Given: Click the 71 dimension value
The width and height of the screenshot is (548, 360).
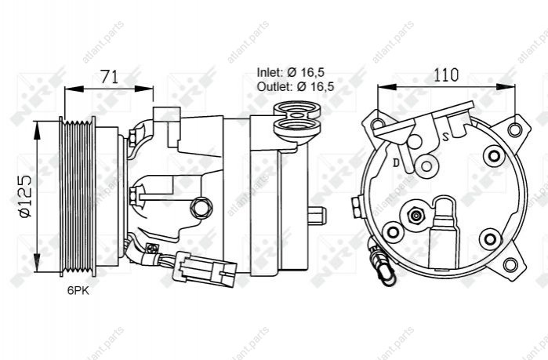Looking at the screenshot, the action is click(110, 77).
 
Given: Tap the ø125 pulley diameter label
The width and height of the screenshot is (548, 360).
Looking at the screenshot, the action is click(26, 196).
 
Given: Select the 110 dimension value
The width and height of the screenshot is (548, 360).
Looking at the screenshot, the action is click(445, 75).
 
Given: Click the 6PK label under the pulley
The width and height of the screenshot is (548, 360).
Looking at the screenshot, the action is click(78, 290).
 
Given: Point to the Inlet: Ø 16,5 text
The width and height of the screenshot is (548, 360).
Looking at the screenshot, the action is click(291, 72).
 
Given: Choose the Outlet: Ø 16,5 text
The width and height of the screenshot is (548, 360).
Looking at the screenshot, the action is click(296, 86).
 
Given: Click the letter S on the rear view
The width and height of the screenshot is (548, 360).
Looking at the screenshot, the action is click(445, 136).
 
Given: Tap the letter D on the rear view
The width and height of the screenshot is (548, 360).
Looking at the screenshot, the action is click(396, 162).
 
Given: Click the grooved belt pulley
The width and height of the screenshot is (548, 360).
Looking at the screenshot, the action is click(78, 196).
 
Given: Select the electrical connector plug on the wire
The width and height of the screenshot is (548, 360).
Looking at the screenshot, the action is click(204, 269).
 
